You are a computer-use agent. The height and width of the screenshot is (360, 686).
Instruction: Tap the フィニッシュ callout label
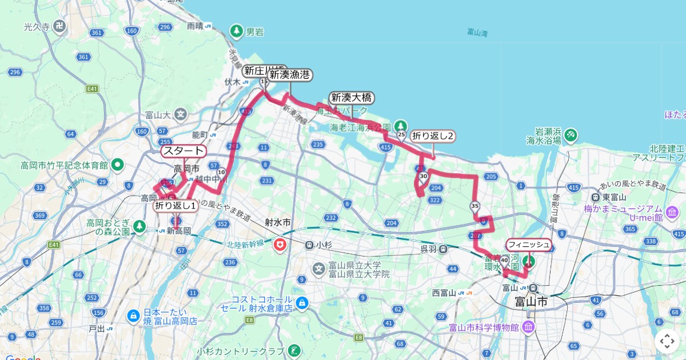(x=529, y=245)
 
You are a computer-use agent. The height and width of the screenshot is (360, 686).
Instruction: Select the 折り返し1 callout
(x=176, y=205)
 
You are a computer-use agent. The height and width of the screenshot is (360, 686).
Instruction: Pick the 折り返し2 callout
(x=433, y=135)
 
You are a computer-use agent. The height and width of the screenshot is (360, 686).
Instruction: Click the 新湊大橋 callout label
(x=352, y=98)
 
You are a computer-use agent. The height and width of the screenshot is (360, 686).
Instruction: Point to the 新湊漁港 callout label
(x=290, y=74)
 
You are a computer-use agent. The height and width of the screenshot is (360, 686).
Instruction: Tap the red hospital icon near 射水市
(x=280, y=245)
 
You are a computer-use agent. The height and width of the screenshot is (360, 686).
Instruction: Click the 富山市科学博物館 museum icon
(x=528, y=327)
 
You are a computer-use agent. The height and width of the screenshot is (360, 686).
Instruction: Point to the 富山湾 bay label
(x=477, y=33)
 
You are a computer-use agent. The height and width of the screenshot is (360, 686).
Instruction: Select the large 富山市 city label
(x=531, y=301)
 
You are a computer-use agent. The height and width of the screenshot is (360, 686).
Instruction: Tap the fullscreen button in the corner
(x=667, y=341)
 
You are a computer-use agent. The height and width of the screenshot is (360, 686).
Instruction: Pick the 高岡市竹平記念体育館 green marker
(x=118, y=165)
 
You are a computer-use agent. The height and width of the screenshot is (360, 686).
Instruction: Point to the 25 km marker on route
(x=401, y=135)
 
